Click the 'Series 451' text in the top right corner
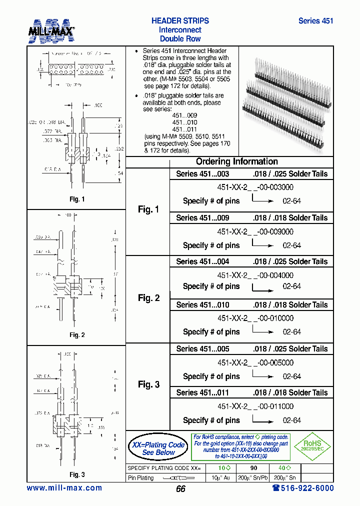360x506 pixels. point(315,21)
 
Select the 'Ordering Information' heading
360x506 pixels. point(236,161)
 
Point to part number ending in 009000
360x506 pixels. point(255,231)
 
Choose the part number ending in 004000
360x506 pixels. point(255,275)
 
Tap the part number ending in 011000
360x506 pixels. point(255,406)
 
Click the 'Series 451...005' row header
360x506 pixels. point(202,349)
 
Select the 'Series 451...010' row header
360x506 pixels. point(202,305)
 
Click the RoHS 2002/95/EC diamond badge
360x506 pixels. point(311,446)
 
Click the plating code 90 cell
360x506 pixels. point(253,468)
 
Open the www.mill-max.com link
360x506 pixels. point(64,488)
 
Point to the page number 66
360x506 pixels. point(180,489)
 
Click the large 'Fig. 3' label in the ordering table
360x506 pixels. point(148,384)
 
